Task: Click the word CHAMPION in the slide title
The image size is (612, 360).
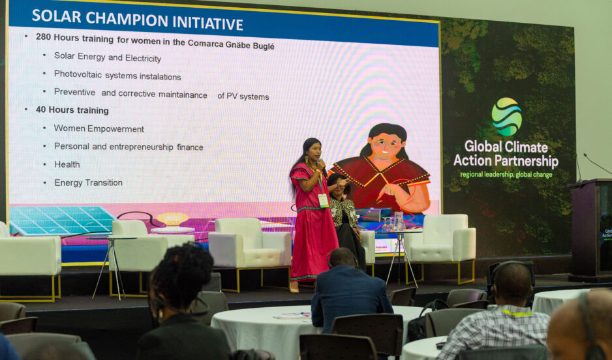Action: coord(126,20)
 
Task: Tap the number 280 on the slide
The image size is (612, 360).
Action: coord(43,37)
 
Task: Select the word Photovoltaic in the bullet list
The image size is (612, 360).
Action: coord(78,74)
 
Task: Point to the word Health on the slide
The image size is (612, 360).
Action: coord(67,164)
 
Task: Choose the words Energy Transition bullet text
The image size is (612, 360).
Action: coord(88,183)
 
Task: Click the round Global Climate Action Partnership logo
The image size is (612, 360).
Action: coord(506,117)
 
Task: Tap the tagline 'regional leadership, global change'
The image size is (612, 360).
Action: coord(506,174)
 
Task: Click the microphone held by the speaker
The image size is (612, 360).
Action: coord(322,166)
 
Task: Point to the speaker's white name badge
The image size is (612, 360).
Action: coord(323,200)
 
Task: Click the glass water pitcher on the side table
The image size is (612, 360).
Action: coord(399,222)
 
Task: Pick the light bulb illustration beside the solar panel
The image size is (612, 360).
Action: coord(172,219)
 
